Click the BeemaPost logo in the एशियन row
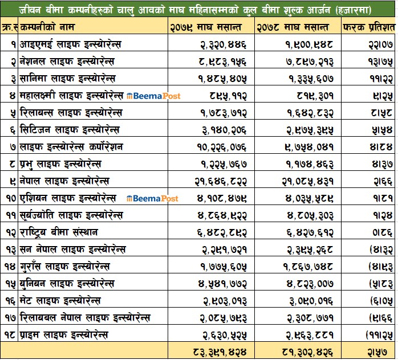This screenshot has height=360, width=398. point(153,198)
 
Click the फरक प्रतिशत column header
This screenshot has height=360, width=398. point(368,27)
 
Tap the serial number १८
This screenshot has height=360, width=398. point(9,335)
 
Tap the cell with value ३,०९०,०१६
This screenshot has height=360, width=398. point(305,301)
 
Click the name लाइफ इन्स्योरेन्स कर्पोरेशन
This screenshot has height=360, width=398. point(71,147)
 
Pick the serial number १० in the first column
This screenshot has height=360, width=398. point(9,198)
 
